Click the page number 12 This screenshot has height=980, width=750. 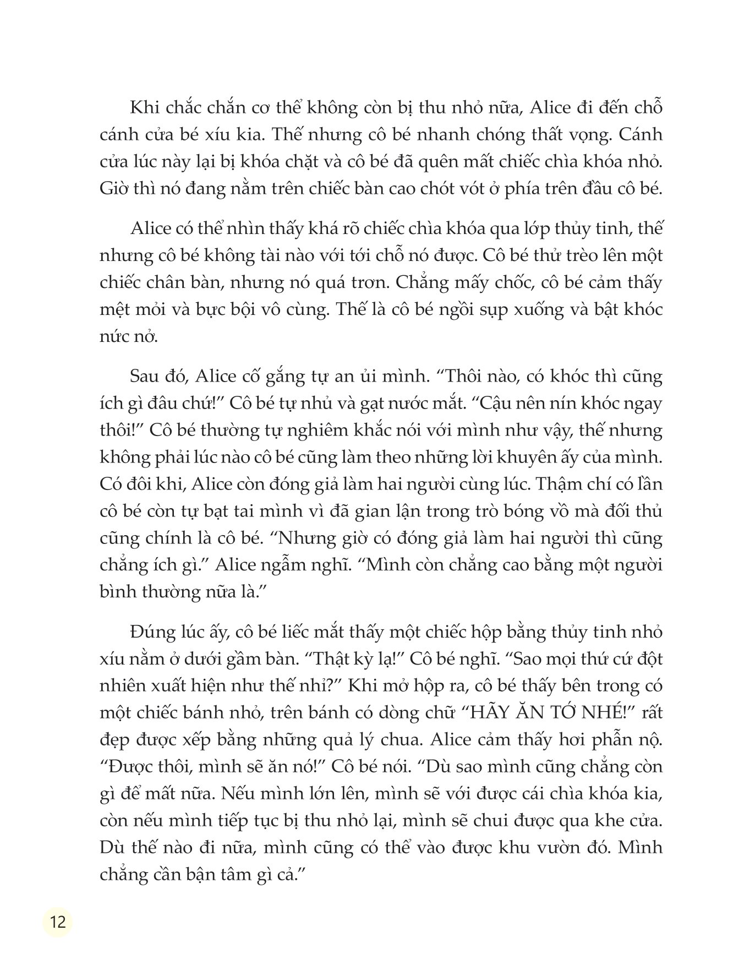pyautogui.click(x=57, y=921)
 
